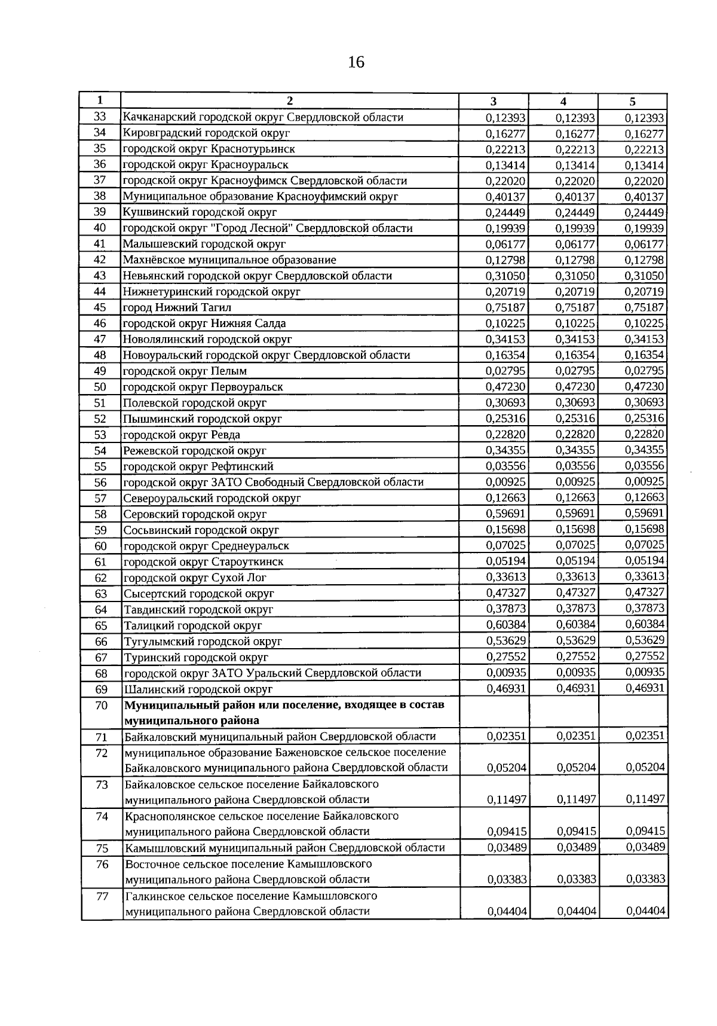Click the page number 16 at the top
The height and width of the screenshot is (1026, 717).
point(356,62)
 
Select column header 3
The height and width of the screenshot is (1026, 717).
point(493,101)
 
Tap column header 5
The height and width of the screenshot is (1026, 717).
point(632,101)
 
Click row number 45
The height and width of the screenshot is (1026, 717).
point(100,307)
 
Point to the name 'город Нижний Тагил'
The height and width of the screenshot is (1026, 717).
point(177,308)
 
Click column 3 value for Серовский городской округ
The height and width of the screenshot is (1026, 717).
point(505,514)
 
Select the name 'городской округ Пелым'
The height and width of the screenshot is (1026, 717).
point(185,371)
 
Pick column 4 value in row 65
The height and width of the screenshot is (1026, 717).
point(575,624)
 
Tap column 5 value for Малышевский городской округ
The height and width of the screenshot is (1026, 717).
point(644,244)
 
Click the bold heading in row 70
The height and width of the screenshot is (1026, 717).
point(284,712)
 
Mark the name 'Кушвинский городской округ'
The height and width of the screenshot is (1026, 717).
point(200,212)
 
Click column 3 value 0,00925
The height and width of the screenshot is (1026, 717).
point(505,481)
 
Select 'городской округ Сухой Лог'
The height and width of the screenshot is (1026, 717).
point(195,578)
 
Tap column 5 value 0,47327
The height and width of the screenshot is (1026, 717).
point(645,593)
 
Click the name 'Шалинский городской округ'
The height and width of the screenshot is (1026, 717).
point(198,689)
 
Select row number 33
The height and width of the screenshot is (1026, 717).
point(100,117)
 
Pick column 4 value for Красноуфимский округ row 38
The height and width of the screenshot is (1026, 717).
point(575,197)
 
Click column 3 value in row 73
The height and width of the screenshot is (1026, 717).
point(506,799)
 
